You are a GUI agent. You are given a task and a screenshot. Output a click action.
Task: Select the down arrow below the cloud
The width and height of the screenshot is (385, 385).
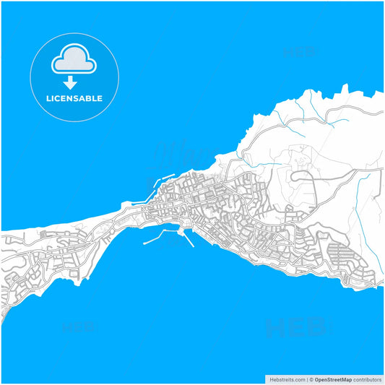(70, 82)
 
